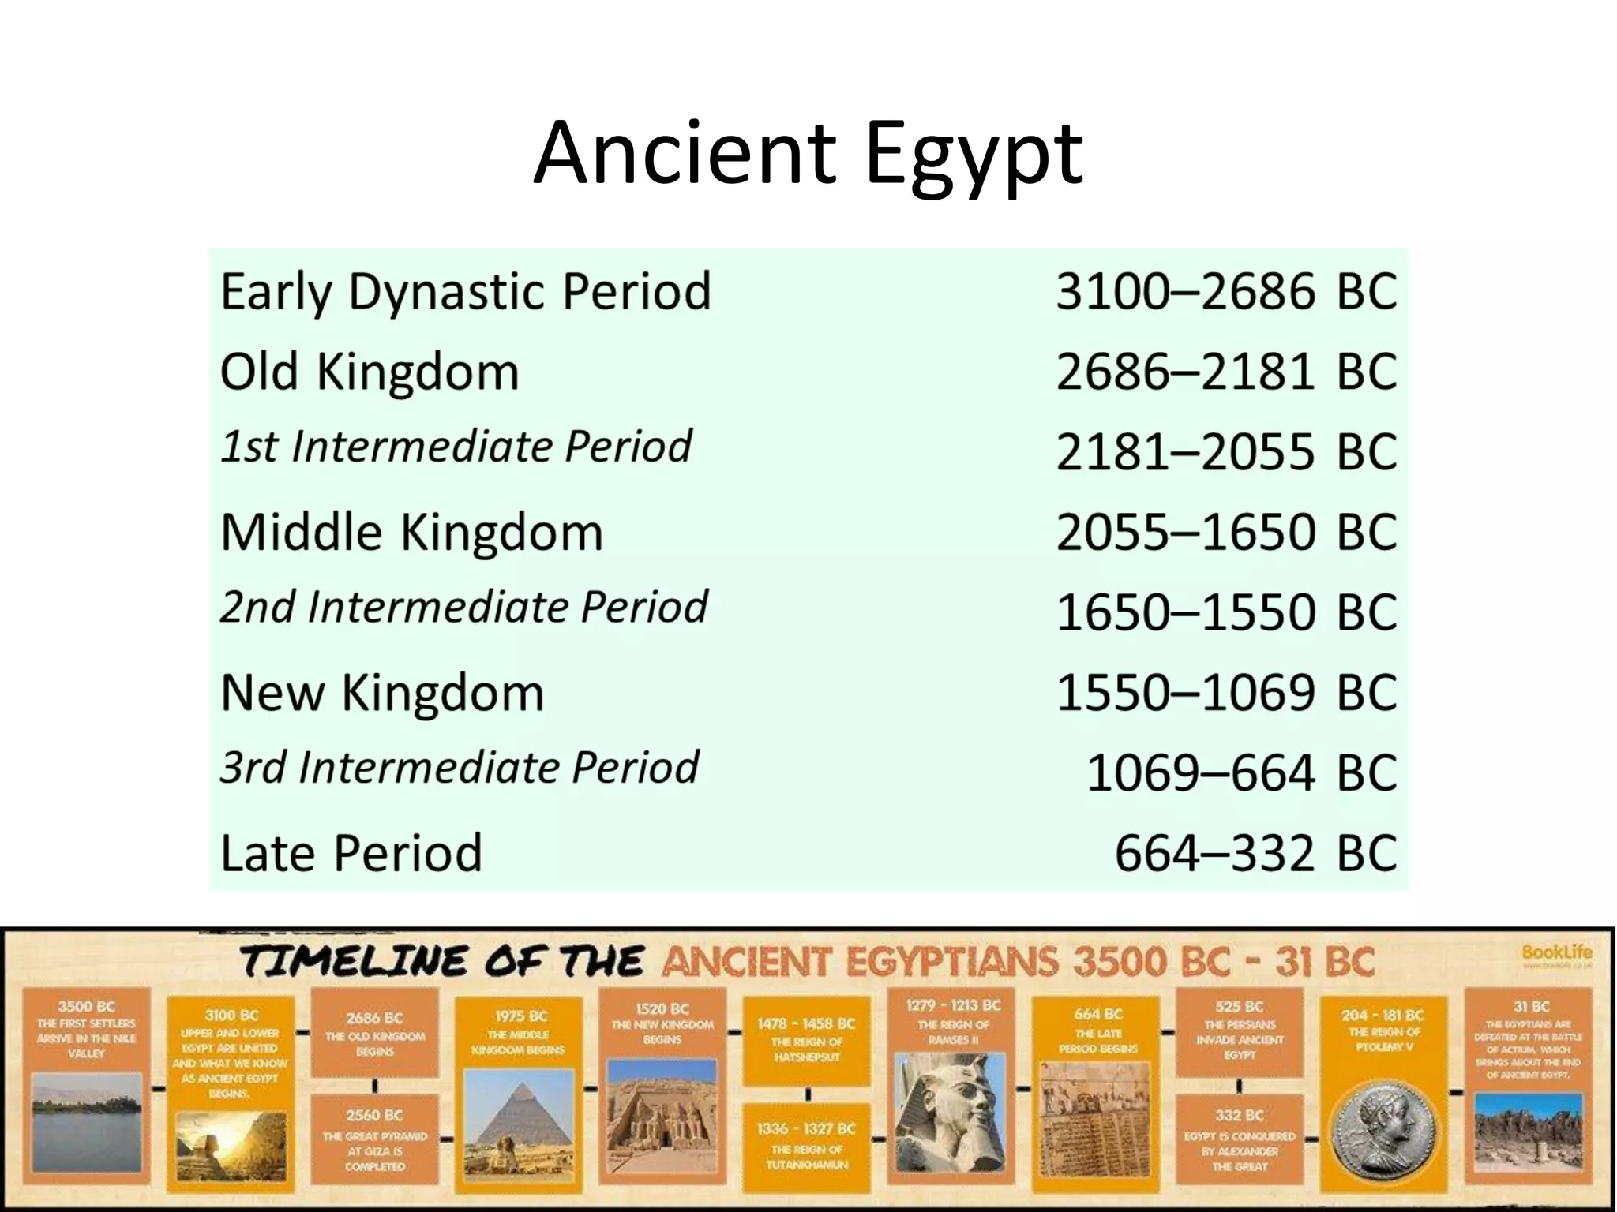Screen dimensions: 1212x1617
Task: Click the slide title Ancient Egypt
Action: pos(808,154)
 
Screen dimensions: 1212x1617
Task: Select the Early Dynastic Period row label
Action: pos(466,292)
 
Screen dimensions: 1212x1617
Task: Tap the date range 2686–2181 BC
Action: pos(1226,372)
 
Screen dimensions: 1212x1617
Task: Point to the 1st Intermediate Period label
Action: pos(456,447)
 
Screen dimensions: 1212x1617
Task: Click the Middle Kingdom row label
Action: pos(411,532)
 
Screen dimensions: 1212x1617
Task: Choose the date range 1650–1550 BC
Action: pos(1226,612)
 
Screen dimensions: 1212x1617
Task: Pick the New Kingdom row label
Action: pos(382,693)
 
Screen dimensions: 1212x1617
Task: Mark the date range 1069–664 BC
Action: pos(1241,772)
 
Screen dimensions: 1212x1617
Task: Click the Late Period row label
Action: pos(351,853)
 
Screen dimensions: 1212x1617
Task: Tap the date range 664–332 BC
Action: pos(1255,853)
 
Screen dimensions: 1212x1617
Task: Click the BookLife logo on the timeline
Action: pos(1557,956)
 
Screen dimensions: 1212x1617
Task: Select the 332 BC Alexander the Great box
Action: pos(1240,1139)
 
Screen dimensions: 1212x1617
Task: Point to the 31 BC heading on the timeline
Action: pos(1531,1006)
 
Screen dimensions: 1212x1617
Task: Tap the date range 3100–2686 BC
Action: pos(1226,292)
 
